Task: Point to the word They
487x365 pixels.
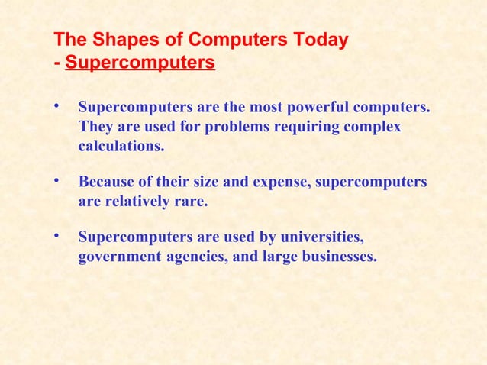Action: (x=95, y=126)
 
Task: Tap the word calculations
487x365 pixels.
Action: (x=121, y=145)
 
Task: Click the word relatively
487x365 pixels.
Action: (x=140, y=202)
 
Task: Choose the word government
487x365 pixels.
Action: (x=118, y=257)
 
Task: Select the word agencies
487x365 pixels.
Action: (x=193, y=257)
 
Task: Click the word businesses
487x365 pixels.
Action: (x=337, y=257)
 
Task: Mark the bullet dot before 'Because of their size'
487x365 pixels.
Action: (x=56, y=181)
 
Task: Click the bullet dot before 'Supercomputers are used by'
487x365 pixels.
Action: (x=56, y=237)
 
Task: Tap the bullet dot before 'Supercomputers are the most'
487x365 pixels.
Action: (x=56, y=105)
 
